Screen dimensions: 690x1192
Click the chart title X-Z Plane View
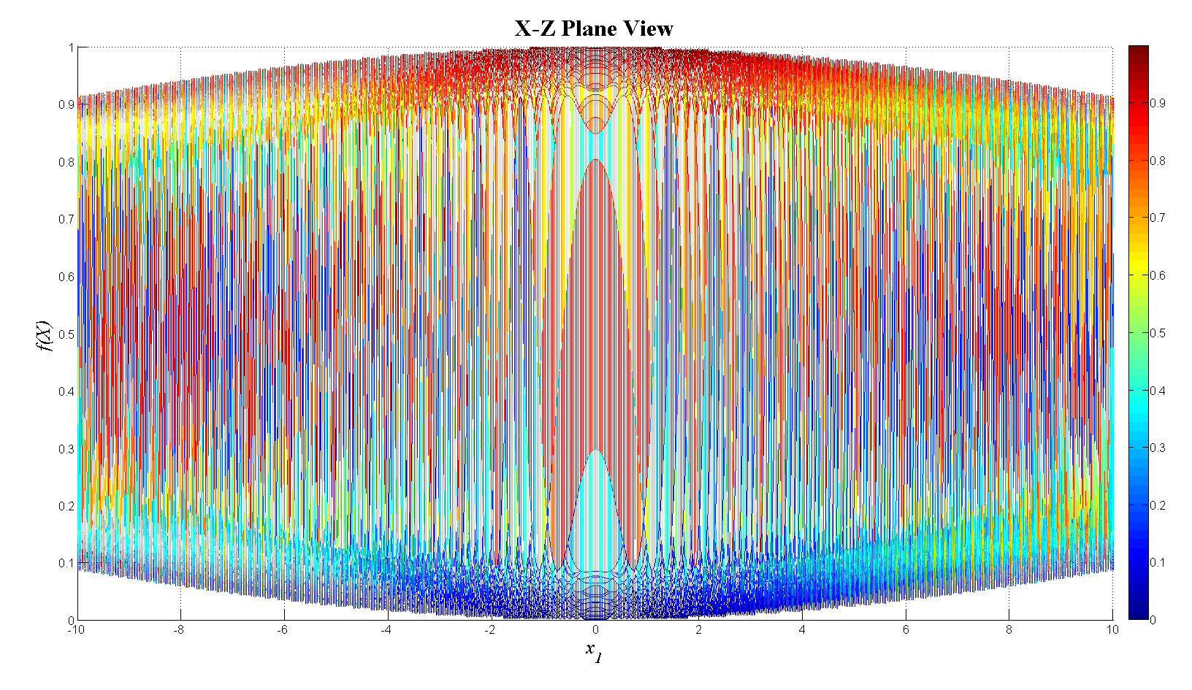click(x=594, y=28)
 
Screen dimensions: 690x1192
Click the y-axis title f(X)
click(x=45, y=335)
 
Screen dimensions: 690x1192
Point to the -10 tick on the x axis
click(x=72, y=629)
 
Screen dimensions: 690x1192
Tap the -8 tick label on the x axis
click(x=177, y=629)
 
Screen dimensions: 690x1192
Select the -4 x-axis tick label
click(x=386, y=629)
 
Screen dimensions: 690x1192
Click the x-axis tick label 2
click(x=699, y=629)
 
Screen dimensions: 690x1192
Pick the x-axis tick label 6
click(x=906, y=629)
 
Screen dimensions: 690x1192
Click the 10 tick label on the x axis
click(x=1112, y=629)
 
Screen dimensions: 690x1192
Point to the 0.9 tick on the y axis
click(x=66, y=104)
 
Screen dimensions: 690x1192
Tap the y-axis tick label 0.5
click(x=66, y=334)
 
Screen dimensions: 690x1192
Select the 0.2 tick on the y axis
click(x=66, y=506)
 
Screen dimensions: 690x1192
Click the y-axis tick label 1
click(x=71, y=47)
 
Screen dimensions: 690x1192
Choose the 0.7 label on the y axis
click(x=66, y=219)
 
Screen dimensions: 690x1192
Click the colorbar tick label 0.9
click(x=1158, y=103)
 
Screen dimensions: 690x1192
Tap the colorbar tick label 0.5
click(x=1158, y=333)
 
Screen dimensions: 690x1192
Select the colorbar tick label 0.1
click(x=1158, y=562)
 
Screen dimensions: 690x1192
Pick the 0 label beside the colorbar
click(x=1153, y=620)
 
